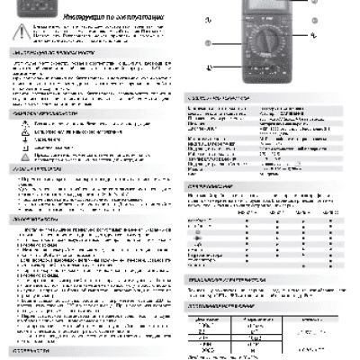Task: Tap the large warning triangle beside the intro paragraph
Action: pos(17,35)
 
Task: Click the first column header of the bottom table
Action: pos(202,319)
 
